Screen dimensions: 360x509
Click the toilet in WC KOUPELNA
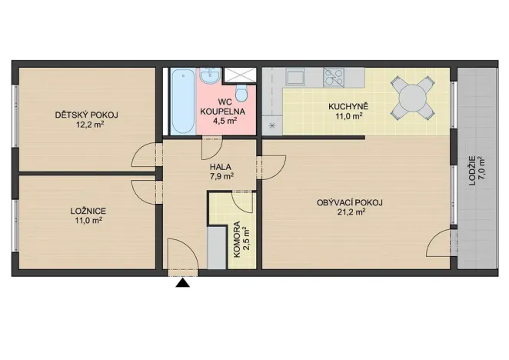point(241,94)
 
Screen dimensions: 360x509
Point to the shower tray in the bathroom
point(240,75)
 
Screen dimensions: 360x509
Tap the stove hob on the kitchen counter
point(334,76)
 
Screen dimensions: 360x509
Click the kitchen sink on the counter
point(297,76)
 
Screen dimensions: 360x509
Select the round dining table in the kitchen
point(411,98)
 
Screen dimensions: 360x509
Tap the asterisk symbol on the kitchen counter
point(271,125)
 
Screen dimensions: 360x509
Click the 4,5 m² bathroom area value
point(222,120)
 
